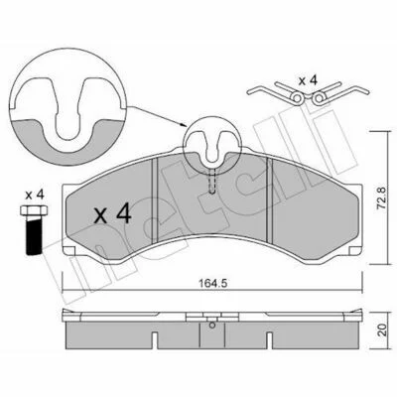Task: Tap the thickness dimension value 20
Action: pyautogui.click(x=382, y=331)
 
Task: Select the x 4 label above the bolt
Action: pyautogui.click(x=35, y=195)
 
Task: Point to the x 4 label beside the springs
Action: pyautogui.click(x=308, y=80)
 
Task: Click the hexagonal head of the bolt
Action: pyautogui.click(x=34, y=210)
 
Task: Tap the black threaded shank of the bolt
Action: pyautogui.click(x=34, y=235)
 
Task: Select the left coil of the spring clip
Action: pyautogui.click(x=298, y=97)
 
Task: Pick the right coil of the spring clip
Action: pyautogui.click(x=319, y=97)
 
